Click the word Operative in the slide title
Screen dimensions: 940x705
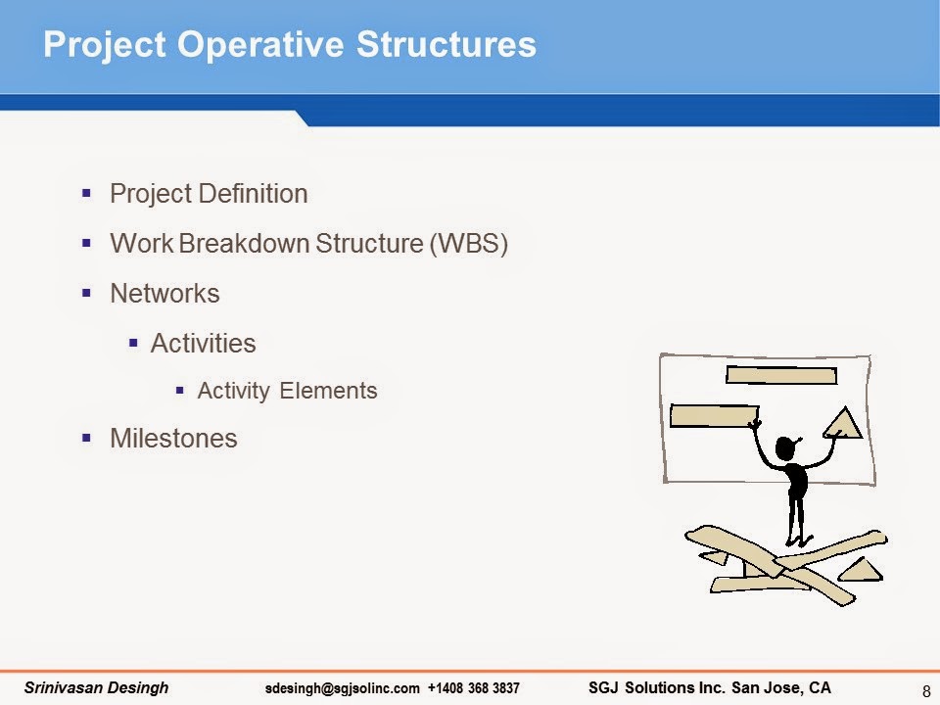pos(260,44)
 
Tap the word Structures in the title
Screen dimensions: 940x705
pos(446,44)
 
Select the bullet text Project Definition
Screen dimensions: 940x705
pos(209,194)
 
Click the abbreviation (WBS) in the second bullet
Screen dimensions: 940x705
pos(469,244)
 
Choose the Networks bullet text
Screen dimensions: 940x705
pos(164,294)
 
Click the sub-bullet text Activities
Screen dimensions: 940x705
pos(204,344)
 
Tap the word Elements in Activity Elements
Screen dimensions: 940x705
pos(329,391)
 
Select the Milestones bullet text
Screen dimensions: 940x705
pos(174,439)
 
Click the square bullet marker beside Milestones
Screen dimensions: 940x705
pos(86,439)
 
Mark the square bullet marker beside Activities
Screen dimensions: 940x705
pos(133,344)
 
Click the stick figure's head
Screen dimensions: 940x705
pos(785,447)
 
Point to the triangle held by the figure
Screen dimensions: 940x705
pos(843,424)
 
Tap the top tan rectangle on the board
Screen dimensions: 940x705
pos(781,375)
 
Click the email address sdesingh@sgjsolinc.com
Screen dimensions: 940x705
pos(343,688)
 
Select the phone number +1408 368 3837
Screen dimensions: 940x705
pos(474,688)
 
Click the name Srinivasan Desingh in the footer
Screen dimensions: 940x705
pos(97,687)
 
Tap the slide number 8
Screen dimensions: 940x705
pos(926,690)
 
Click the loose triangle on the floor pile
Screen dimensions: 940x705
pos(862,571)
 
